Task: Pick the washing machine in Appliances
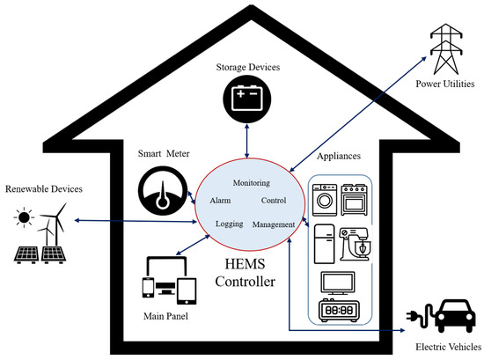[x=326, y=199]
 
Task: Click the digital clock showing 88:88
[x=339, y=312]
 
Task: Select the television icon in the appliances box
[x=340, y=281]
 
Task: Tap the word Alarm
[x=220, y=201]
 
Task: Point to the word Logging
[x=228, y=224]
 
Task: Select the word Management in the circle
[x=273, y=224]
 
